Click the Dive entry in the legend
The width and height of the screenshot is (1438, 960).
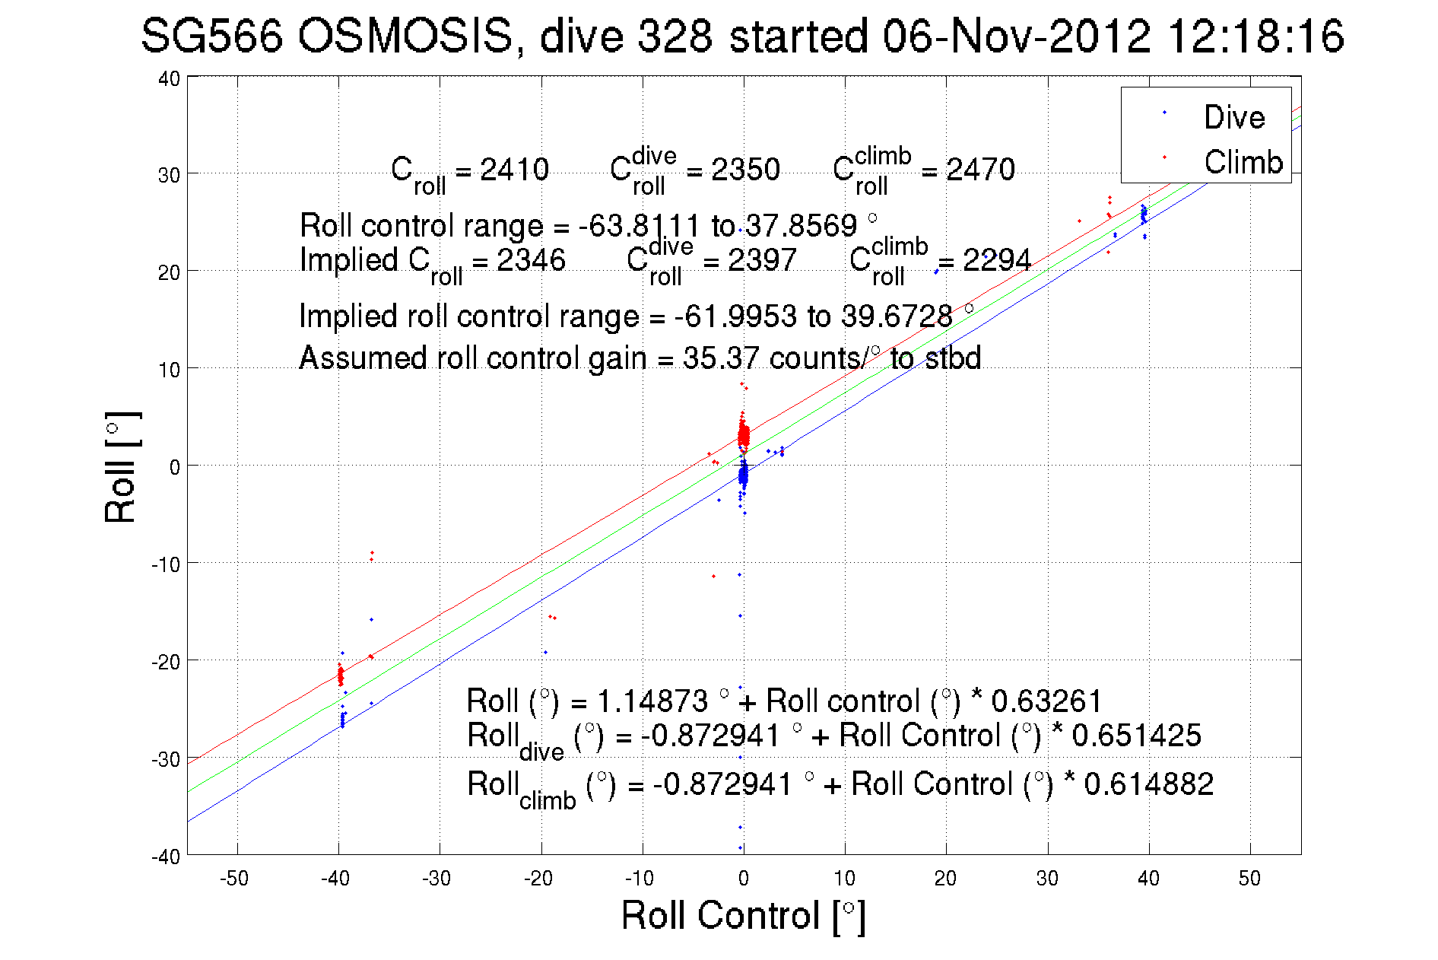click(x=1233, y=117)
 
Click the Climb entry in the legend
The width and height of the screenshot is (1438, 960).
click(x=1243, y=162)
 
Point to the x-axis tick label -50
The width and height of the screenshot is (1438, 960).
click(x=234, y=879)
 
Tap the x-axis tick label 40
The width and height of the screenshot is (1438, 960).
click(x=1148, y=879)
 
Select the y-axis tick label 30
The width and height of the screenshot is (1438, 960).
click(x=169, y=175)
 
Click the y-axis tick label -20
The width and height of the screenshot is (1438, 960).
click(x=166, y=662)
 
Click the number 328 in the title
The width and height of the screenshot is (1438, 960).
click(x=675, y=36)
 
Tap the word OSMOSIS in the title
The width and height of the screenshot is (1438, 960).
click(x=405, y=36)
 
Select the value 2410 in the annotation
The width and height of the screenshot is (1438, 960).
click(x=514, y=170)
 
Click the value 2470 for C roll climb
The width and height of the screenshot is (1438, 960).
click(x=980, y=170)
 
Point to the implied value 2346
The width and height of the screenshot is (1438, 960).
click(x=531, y=260)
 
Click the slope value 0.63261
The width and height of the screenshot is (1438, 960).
click(x=1046, y=701)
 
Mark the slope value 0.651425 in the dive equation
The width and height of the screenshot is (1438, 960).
click(x=1136, y=736)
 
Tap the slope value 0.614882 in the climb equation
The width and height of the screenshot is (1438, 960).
click(x=1148, y=784)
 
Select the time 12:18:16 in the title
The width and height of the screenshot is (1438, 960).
click(x=1255, y=36)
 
